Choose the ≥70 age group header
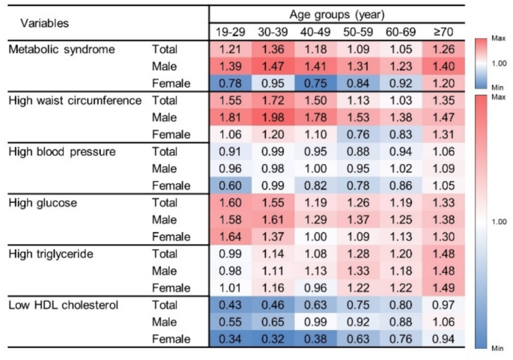click(443, 32)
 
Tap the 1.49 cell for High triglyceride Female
click(443, 288)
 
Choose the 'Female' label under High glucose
click(171, 237)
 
